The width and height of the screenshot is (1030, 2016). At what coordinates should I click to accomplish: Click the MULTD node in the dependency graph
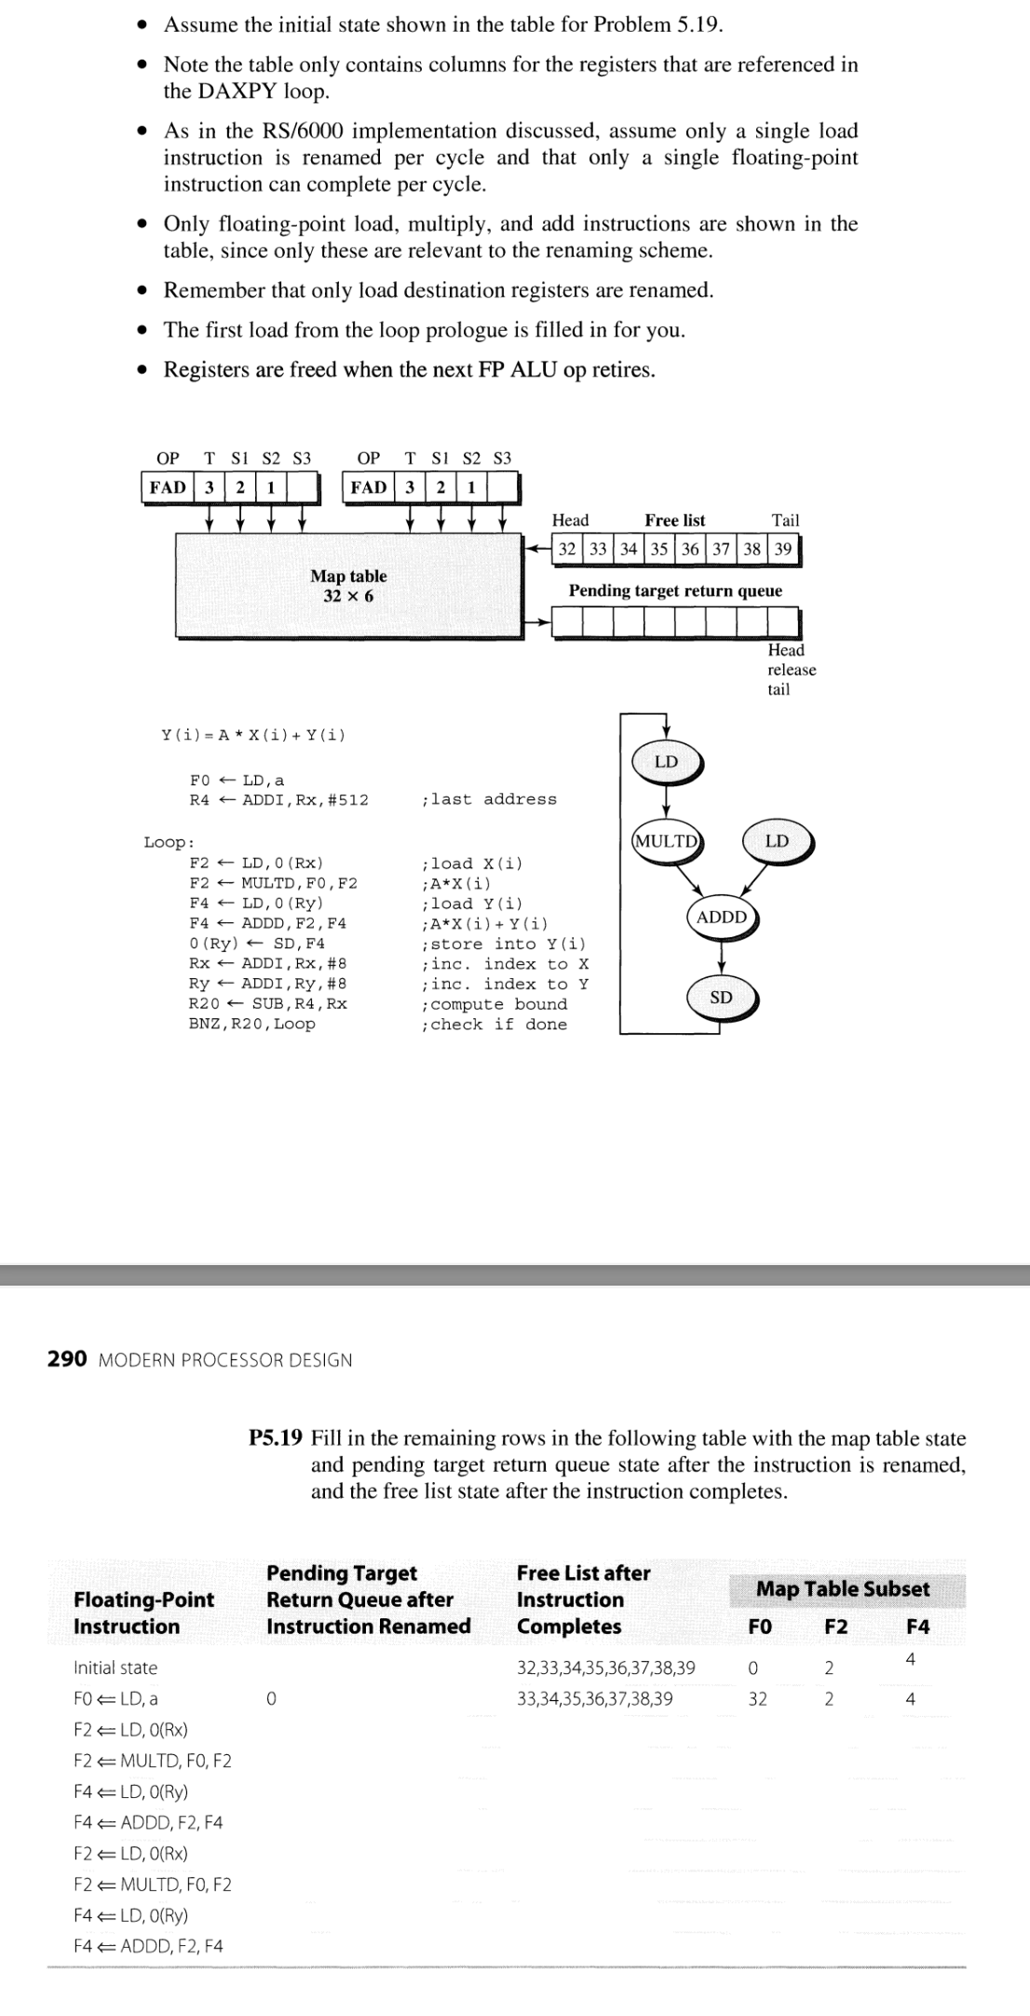tap(667, 841)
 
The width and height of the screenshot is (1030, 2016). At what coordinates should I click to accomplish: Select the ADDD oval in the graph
tap(722, 918)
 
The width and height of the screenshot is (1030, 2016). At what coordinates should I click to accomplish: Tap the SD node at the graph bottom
tap(721, 998)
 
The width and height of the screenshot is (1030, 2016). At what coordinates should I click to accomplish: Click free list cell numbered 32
tap(567, 549)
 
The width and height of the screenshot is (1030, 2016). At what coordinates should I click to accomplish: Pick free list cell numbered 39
tap(783, 549)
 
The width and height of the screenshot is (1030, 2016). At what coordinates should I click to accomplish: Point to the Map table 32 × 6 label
tap(348, 586)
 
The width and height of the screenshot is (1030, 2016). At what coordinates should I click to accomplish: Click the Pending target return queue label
tap(675, 591)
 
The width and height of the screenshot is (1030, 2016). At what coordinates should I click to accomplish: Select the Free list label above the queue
tap(674, 520)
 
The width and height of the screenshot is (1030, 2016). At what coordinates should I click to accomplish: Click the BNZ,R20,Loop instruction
tap(251, 1024)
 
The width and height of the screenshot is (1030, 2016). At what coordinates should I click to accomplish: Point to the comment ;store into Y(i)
tap(504, 944)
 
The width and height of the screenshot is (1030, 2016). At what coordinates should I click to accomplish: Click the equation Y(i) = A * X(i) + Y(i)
tap(252, 735)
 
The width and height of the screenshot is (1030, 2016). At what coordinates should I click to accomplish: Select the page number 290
tap(67, 1359)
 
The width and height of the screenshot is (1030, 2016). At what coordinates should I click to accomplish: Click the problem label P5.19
tap(276, 1437)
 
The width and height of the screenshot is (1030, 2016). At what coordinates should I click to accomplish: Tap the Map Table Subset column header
tap(842, 1588)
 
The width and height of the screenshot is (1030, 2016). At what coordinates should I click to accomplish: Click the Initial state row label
tap(115, 1668)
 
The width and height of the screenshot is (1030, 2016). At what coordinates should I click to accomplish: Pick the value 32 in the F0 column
tap(758, 1698)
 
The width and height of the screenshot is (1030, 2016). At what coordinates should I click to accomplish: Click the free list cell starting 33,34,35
tap(594, 1698)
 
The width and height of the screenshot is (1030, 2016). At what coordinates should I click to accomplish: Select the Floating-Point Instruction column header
tap(143, 1613)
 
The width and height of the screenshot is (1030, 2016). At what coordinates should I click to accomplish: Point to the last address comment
tap(489, 799)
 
